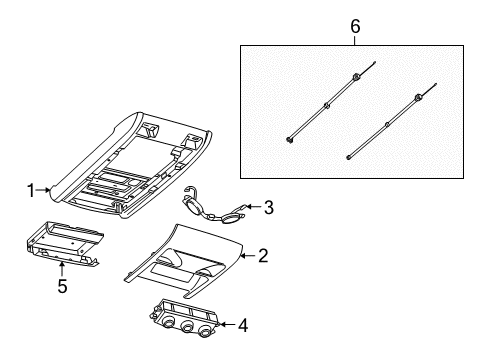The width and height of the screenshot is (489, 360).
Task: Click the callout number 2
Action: pos(263,256)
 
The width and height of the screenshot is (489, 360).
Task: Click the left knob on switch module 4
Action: pos(166,325)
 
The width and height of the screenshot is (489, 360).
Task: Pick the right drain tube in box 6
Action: pos(385,126)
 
